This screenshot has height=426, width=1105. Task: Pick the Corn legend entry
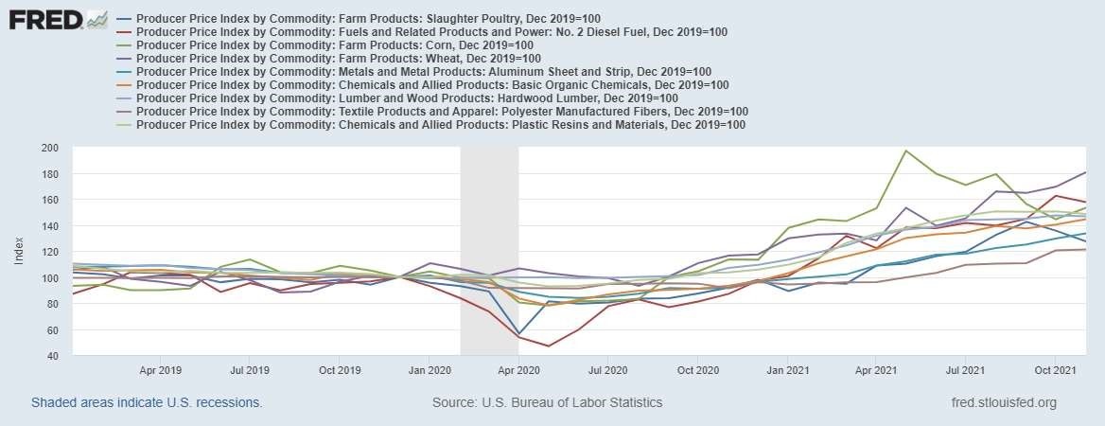point(322,45)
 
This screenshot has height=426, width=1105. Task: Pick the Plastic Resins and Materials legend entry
point(441,125)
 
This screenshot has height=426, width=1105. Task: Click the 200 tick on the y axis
point(51,149)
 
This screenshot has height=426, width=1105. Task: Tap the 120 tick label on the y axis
point(51,253)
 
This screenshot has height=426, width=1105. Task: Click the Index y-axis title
point(19,252)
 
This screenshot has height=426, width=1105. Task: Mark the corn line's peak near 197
point(905,151)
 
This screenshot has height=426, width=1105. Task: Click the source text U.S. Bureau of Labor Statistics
point(547,403)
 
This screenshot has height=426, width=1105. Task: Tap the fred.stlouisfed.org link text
point(1003,403)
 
